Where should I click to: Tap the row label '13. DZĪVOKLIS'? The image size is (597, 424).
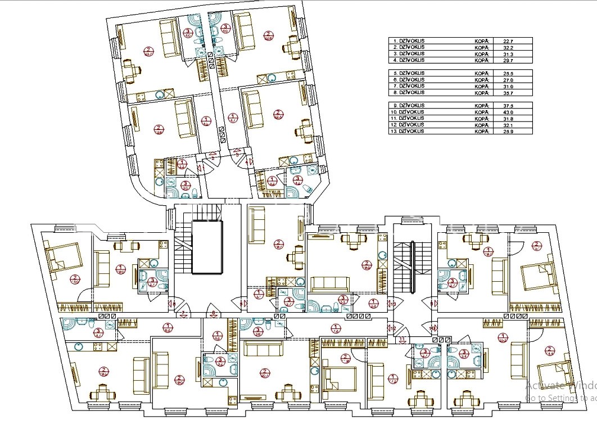tap(409, 131)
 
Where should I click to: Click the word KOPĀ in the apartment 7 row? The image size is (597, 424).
tap(482, 86)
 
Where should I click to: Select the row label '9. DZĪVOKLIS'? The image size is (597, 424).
tap(408, 106)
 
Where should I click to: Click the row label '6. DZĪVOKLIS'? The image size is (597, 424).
tap(408, 80)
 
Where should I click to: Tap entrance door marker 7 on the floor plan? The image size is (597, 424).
tap(184, 313)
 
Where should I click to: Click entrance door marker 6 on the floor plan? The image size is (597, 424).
tap(214, 312)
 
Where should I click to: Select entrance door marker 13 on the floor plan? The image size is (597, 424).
tap(394, 304)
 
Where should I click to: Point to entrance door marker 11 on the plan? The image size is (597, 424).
tap(402, 339)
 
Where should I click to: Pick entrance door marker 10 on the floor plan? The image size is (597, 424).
tap(432, 327)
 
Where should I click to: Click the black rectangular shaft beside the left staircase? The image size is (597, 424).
tap(207, 247)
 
